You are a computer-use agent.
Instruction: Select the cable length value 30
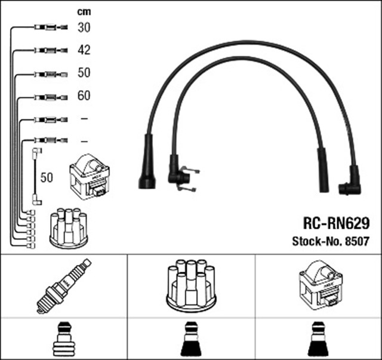click(x=84, y=27)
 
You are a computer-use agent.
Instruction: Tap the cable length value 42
click(x=84, y=51)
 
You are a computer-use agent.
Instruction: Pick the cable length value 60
click(x=84, y=96)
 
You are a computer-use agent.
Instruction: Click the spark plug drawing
click(x=64, y=285)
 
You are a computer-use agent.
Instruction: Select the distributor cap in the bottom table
click(x=190, y=285)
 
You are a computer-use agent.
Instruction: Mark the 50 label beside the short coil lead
click(x=47, y=178)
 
